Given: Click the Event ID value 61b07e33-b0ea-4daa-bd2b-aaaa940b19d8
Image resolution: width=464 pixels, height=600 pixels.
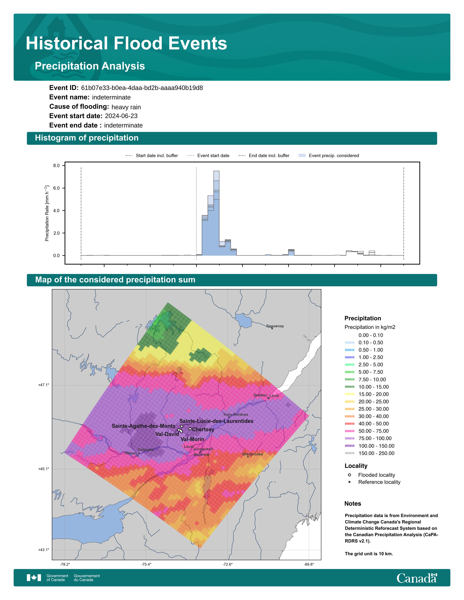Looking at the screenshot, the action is [142, 88].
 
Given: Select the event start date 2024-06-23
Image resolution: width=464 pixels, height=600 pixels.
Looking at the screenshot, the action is [121, 116].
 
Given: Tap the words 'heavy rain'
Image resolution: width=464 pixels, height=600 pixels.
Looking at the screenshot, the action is [126, 107].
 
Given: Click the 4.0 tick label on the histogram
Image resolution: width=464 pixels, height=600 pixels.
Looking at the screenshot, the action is [56, 210].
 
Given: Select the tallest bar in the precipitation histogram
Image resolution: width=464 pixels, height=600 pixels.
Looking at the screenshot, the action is [216, 213].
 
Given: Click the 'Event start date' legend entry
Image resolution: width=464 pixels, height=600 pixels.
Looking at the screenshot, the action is [208, 155].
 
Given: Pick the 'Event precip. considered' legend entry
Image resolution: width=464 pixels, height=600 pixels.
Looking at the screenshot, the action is [329, 155].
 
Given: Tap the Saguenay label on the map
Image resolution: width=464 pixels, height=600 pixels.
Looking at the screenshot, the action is [275, 326].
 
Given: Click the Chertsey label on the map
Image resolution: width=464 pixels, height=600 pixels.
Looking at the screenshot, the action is [203, 429].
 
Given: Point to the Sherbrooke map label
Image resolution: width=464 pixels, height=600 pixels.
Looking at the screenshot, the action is [252, 454].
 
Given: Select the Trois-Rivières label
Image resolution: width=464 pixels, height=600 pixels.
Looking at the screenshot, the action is [236, 415].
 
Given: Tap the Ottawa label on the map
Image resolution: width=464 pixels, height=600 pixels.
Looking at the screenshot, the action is [131, 453].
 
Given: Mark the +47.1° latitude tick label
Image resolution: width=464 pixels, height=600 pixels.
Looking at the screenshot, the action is [44, 385].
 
